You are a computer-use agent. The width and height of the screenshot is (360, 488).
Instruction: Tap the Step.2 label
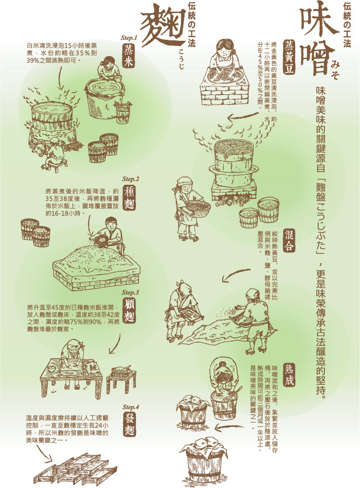click(x=131, y=179)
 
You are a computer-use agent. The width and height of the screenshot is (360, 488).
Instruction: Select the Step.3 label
click(x=130, y=293)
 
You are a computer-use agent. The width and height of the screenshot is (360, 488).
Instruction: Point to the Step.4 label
click(x=131, y=407)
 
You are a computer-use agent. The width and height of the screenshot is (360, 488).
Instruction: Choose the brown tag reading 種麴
click(x=130, y=198)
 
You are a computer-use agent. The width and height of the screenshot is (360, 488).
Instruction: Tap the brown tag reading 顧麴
click(x=129, y=311)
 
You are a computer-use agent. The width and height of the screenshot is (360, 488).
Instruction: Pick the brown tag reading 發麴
click(x=130, y=426)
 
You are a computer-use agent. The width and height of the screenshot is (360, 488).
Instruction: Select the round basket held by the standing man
click(x=198, y=206)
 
